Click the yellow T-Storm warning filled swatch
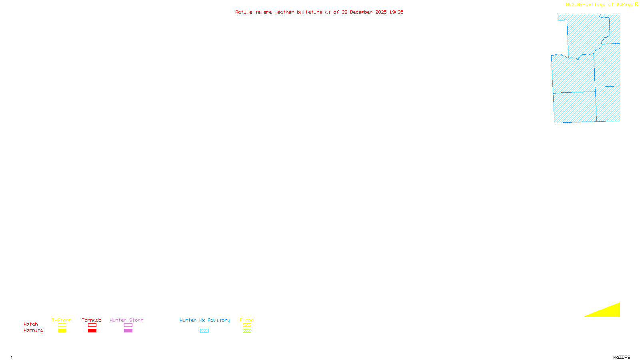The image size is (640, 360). point(62,331)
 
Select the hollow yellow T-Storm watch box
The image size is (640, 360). point(62,325)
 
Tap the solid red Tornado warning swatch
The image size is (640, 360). point(92,331)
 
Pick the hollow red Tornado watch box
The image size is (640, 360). point(92,325)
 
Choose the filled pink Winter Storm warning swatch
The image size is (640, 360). point(128,331)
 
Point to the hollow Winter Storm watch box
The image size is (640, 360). point(128,325)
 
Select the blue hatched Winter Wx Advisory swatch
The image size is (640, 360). point(204,331)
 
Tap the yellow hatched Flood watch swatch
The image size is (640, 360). point(247,325)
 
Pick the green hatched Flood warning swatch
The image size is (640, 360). point(247,331)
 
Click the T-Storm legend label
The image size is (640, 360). point(62,320)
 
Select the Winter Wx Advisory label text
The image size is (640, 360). point(205,320)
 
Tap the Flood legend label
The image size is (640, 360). point(247,320)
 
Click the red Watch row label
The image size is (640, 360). point(31,324)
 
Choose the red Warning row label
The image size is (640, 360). point(34,330)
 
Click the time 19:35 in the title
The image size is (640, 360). point(396,12)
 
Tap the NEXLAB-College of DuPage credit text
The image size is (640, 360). point(600,5)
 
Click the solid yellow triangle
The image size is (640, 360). point(610,311)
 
